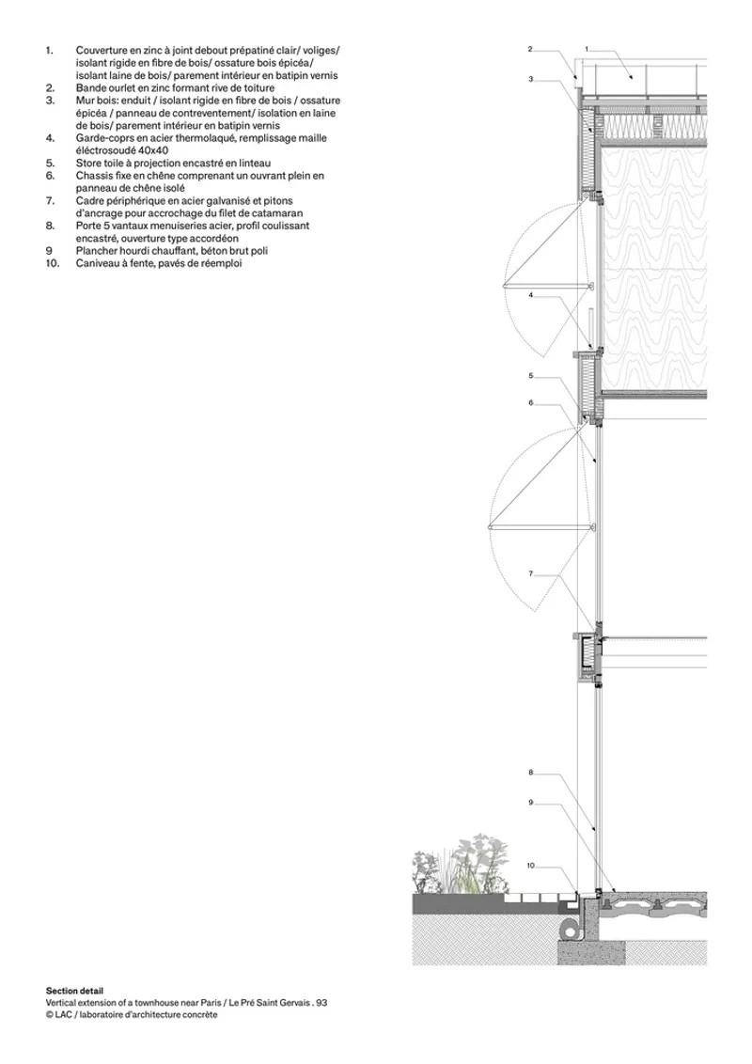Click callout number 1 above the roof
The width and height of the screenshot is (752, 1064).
tap(587, 49)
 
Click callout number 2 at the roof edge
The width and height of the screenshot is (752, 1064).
tap(530, 49)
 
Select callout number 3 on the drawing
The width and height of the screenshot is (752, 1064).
tap(531, 79)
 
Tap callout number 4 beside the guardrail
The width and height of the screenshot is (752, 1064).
tap(531, 295)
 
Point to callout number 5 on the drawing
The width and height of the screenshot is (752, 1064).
tap(531, 375)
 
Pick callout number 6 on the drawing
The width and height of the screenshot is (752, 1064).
tap(531, 402)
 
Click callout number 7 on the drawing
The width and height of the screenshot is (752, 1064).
tap(531, 574)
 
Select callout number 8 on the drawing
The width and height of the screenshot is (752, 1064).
tap(531, 773)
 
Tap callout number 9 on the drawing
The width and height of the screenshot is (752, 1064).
tap(531, 803)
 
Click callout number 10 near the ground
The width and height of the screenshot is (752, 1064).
tap(531, 865)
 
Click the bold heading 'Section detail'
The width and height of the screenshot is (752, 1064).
tap(74, 991)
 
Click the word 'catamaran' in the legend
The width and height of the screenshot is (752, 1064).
tap(280, 213)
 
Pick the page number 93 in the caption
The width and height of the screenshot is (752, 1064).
tap(321, 1002)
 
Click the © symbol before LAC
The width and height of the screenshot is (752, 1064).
tap(50, 1015)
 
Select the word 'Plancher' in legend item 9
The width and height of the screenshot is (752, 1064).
tap(96, 251)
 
